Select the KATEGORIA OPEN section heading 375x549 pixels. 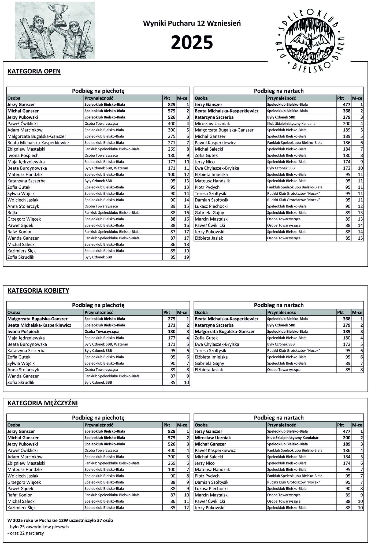pyautogui.click(x=34, y=71)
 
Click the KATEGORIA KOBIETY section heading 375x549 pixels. pyautogui.click(x=38, y=291)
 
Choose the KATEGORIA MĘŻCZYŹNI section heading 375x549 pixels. pyautogui.click(x=43, y=403)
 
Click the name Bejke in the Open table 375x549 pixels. pyautogui.click(x=13, y=213)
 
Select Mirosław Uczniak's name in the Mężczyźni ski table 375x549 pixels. pyautogui.click(x=213, y=437)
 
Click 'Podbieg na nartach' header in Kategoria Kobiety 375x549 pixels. pyautogui.click(x=279, y=305)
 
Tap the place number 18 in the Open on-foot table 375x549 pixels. pyautogui.click(x=187, y=244)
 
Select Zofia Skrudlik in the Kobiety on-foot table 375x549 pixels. pyautogui.click(x=21, y=383)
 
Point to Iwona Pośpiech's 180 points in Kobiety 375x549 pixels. pyautogui.click(x=172, y=332)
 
